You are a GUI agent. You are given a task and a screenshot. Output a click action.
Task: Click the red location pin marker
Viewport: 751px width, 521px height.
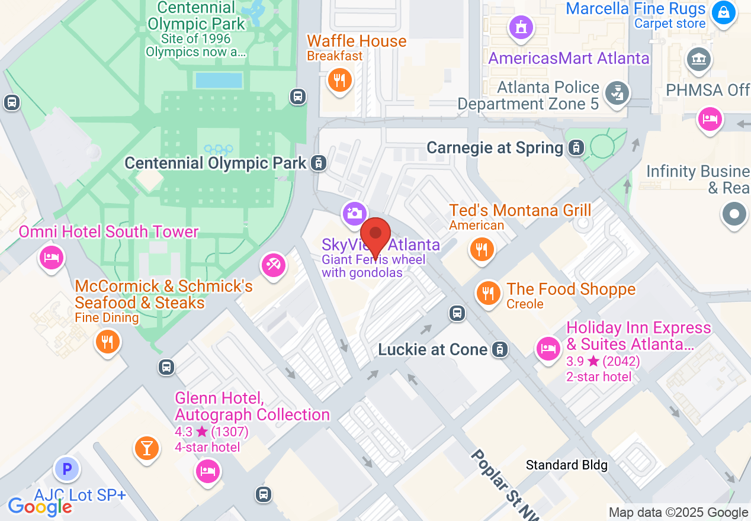375,234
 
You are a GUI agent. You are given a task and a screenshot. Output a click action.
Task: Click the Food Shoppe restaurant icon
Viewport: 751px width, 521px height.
488,292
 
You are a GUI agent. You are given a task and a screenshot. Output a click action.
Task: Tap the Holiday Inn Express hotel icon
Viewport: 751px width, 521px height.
548,348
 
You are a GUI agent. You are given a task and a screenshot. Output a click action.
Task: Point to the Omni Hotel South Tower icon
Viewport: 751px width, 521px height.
52,258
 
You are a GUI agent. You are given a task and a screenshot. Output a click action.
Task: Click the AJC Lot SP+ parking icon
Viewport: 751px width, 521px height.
67,470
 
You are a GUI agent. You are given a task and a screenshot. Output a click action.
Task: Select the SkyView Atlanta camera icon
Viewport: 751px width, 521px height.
354,213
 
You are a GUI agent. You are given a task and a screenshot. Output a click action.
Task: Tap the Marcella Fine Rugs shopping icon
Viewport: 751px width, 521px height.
723,12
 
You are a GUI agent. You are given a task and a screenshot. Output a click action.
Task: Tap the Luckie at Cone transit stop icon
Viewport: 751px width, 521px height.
500,350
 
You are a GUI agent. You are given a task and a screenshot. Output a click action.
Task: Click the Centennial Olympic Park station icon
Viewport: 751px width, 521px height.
319,163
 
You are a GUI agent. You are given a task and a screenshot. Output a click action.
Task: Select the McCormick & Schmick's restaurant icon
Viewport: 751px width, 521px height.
107,342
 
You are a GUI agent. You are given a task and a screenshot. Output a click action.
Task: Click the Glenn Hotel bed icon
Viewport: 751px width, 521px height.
207,472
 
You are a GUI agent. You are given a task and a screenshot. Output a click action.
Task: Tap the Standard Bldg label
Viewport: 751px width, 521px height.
567,465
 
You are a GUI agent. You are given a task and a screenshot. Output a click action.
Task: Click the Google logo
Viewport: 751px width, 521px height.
40,507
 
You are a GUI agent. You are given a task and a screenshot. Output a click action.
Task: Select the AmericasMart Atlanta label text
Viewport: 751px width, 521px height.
569,59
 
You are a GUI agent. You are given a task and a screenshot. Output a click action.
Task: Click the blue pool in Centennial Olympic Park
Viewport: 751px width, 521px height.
219,81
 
